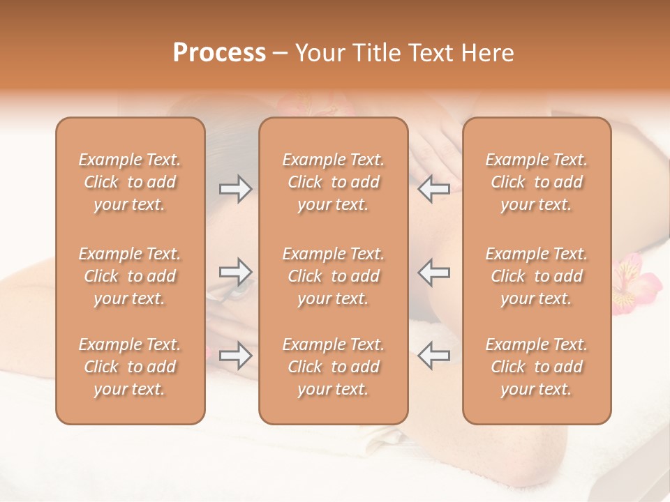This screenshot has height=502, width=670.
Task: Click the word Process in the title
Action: [x=219, y=53]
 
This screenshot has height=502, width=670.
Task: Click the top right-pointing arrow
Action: [x=235, y=189]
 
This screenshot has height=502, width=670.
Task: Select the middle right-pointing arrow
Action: [x=235, y=272]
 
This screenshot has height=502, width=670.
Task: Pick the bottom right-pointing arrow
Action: [x=235, y=356]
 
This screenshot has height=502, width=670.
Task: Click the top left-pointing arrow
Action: [x=434, y=189]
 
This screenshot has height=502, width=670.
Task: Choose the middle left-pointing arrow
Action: [x=434, y=272]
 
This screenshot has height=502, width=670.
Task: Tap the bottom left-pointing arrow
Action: [x=434, y=356]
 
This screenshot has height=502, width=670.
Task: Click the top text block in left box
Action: [x=130, y=182]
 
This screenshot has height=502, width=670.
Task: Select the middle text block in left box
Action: [x=130, y=276]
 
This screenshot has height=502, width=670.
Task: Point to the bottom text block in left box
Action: [x=130, y=367]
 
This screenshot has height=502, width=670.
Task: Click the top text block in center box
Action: [x=333, y=182]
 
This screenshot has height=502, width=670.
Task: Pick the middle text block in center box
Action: [x=333, y=276]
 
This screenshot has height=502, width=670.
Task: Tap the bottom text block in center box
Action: [x=333, y=367]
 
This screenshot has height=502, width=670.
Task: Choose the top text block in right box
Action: [x=536, y=182]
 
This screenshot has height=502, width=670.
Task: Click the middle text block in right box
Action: [x=536, y=276]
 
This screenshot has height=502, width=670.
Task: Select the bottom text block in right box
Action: [x=536, y=367]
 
